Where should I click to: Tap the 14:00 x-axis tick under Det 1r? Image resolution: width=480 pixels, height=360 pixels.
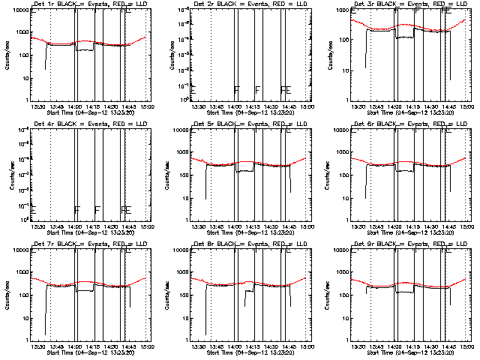point(76,107)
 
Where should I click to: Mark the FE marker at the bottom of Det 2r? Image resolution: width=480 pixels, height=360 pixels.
point(285,89)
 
